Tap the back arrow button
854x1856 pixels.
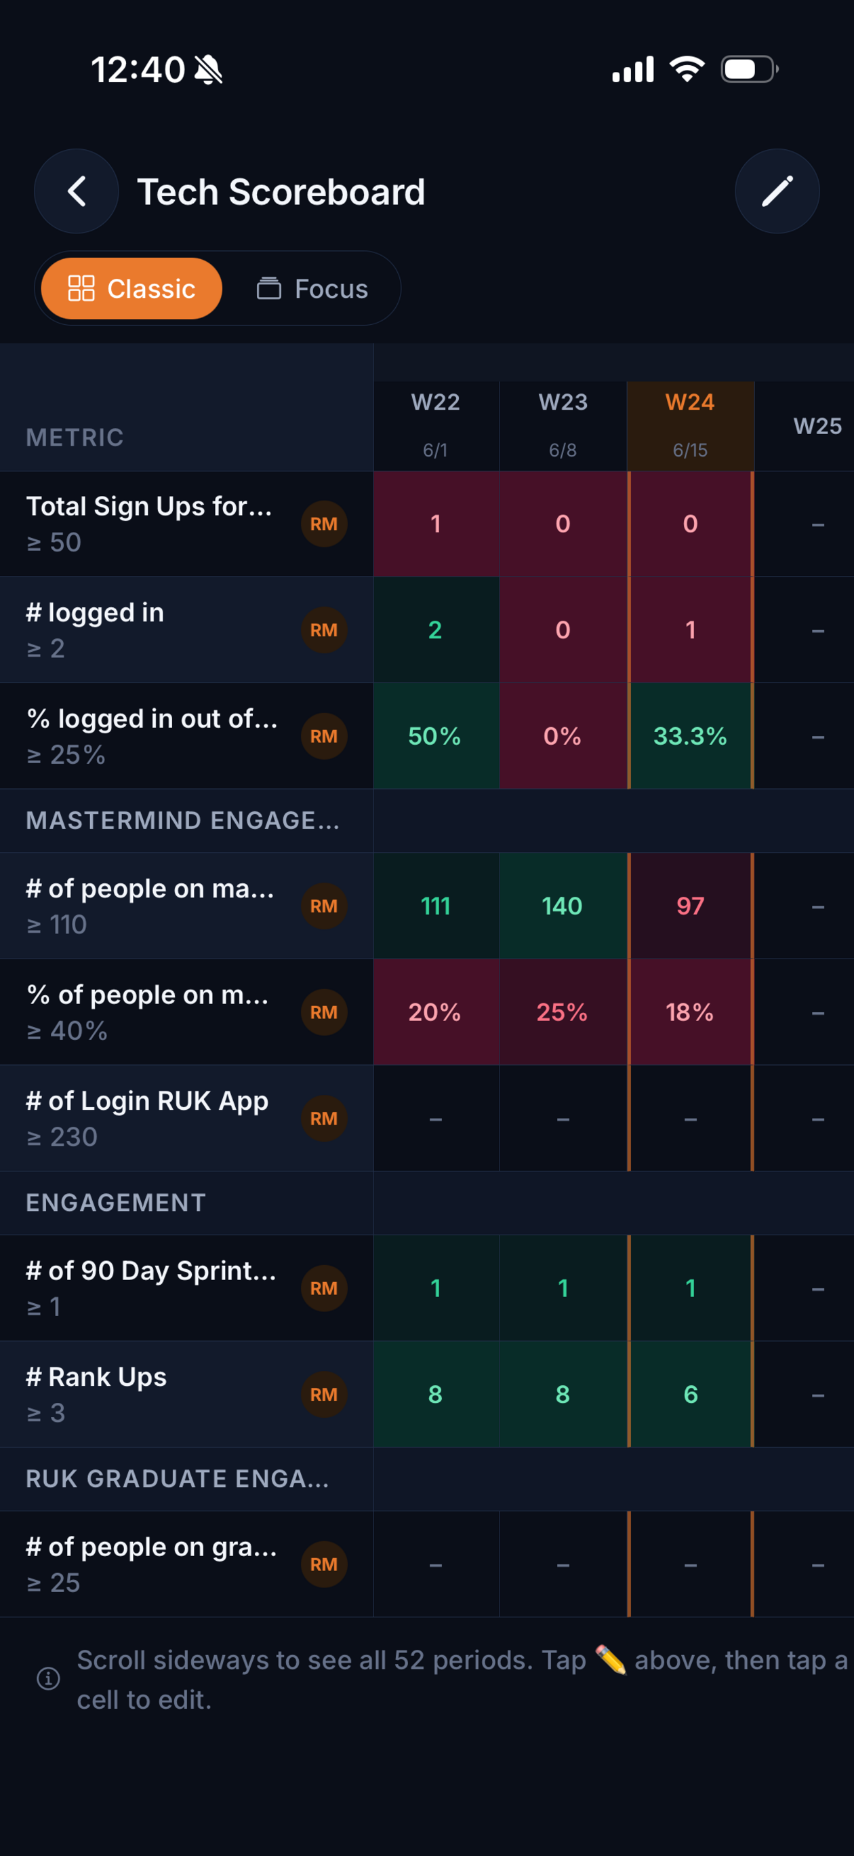(77, 192)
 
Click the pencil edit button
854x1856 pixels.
(777, 192)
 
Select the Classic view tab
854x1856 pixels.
(131, 288)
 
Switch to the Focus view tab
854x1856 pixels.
(312, 288)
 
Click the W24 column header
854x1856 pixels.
(691, 426)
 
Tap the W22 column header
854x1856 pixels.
(436, 426)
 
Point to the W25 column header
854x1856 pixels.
(817, 426)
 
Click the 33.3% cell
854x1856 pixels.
(691, 735)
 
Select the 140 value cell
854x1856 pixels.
(563, 906)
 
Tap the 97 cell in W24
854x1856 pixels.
(691, 906)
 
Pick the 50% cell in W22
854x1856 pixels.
(436, 735)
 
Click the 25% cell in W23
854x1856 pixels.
(563, 1011)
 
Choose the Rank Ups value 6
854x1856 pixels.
(691, 1394)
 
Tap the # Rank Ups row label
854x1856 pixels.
(96, 1377)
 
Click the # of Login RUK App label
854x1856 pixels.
(147, 1101)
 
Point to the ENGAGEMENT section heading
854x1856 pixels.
(116, 1203)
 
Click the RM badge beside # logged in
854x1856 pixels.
(324, 630)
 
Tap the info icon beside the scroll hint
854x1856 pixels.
(48, 1679)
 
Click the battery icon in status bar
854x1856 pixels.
(750, 69)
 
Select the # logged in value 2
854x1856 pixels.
(436, 630)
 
